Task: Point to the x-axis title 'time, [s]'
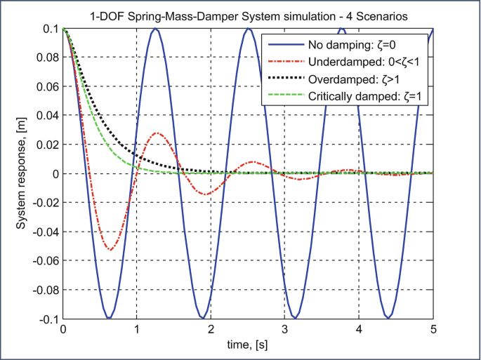[248, 345]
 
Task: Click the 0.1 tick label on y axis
[50, 29]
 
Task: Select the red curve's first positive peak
[157, 133]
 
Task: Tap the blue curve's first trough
[110, 317]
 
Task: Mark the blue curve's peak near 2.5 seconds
[249, 29]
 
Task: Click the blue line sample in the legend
[283, 44]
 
